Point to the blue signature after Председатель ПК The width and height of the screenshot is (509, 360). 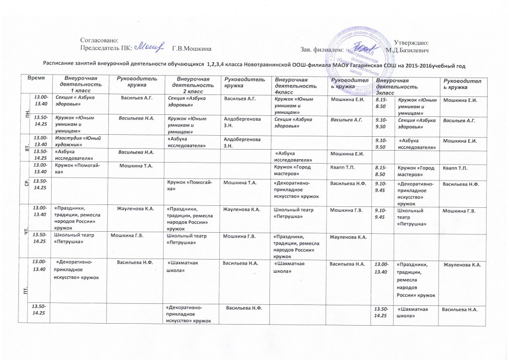[150, 47]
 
